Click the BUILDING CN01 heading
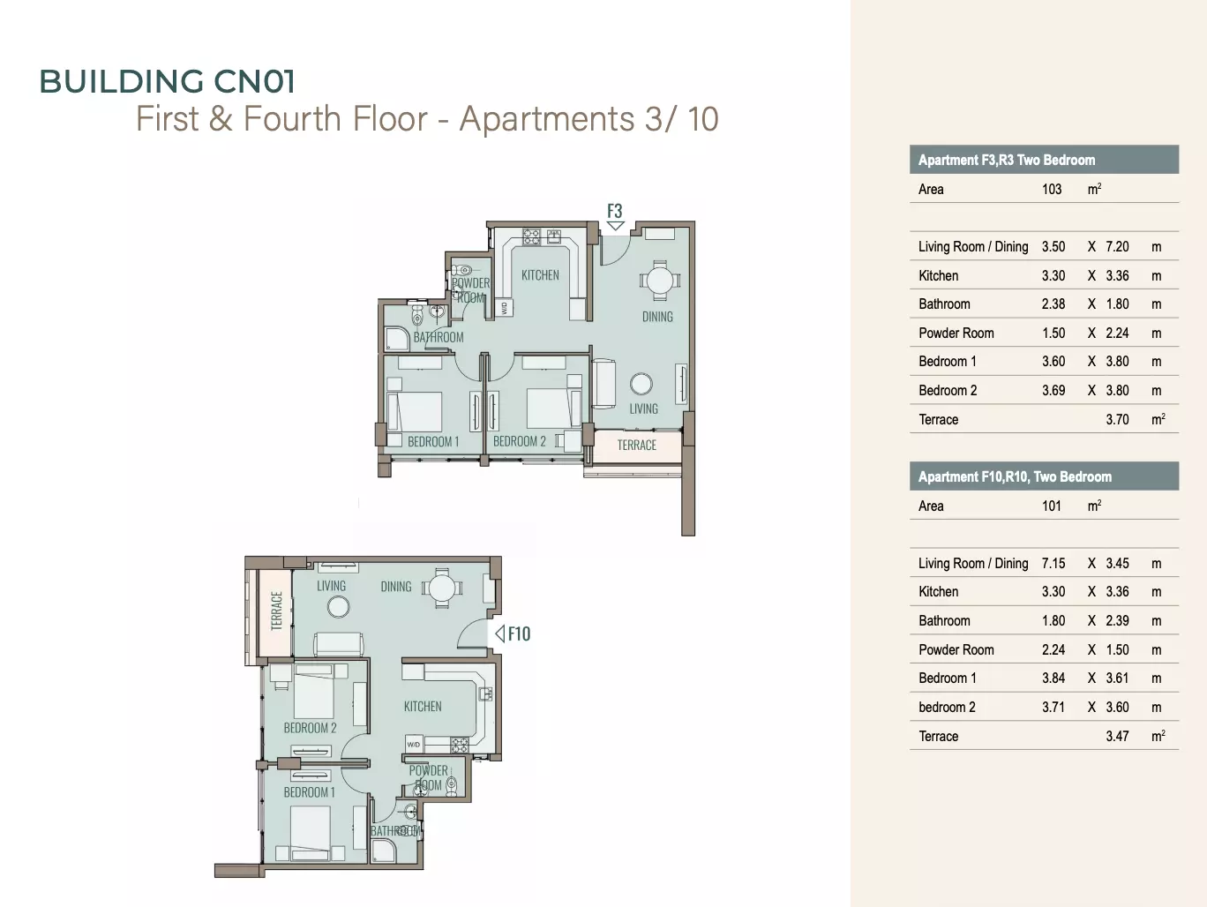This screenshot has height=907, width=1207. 167,81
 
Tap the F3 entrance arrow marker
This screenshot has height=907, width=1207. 615,226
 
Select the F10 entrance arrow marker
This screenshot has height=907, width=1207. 500,633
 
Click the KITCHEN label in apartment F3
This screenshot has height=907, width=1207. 540,275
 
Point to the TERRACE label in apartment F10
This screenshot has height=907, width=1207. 276,611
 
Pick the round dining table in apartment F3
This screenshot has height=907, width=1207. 659,281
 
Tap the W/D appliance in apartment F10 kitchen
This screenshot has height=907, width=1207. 414,745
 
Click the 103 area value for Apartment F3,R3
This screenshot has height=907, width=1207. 1052,189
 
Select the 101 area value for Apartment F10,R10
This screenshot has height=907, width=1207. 1052,506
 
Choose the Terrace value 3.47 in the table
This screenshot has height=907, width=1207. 1117,736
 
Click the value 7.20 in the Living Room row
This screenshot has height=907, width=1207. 1117,246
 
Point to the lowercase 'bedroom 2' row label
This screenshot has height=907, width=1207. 947,707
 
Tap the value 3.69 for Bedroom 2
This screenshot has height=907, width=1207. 1053,390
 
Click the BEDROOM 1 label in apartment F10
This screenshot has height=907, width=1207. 309,792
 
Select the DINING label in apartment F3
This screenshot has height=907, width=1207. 657,317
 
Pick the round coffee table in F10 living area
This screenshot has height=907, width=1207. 338,607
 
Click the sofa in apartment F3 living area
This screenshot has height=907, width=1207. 603,384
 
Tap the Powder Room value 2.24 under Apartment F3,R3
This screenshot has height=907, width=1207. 1117,333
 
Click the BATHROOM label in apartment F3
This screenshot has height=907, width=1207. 439,337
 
